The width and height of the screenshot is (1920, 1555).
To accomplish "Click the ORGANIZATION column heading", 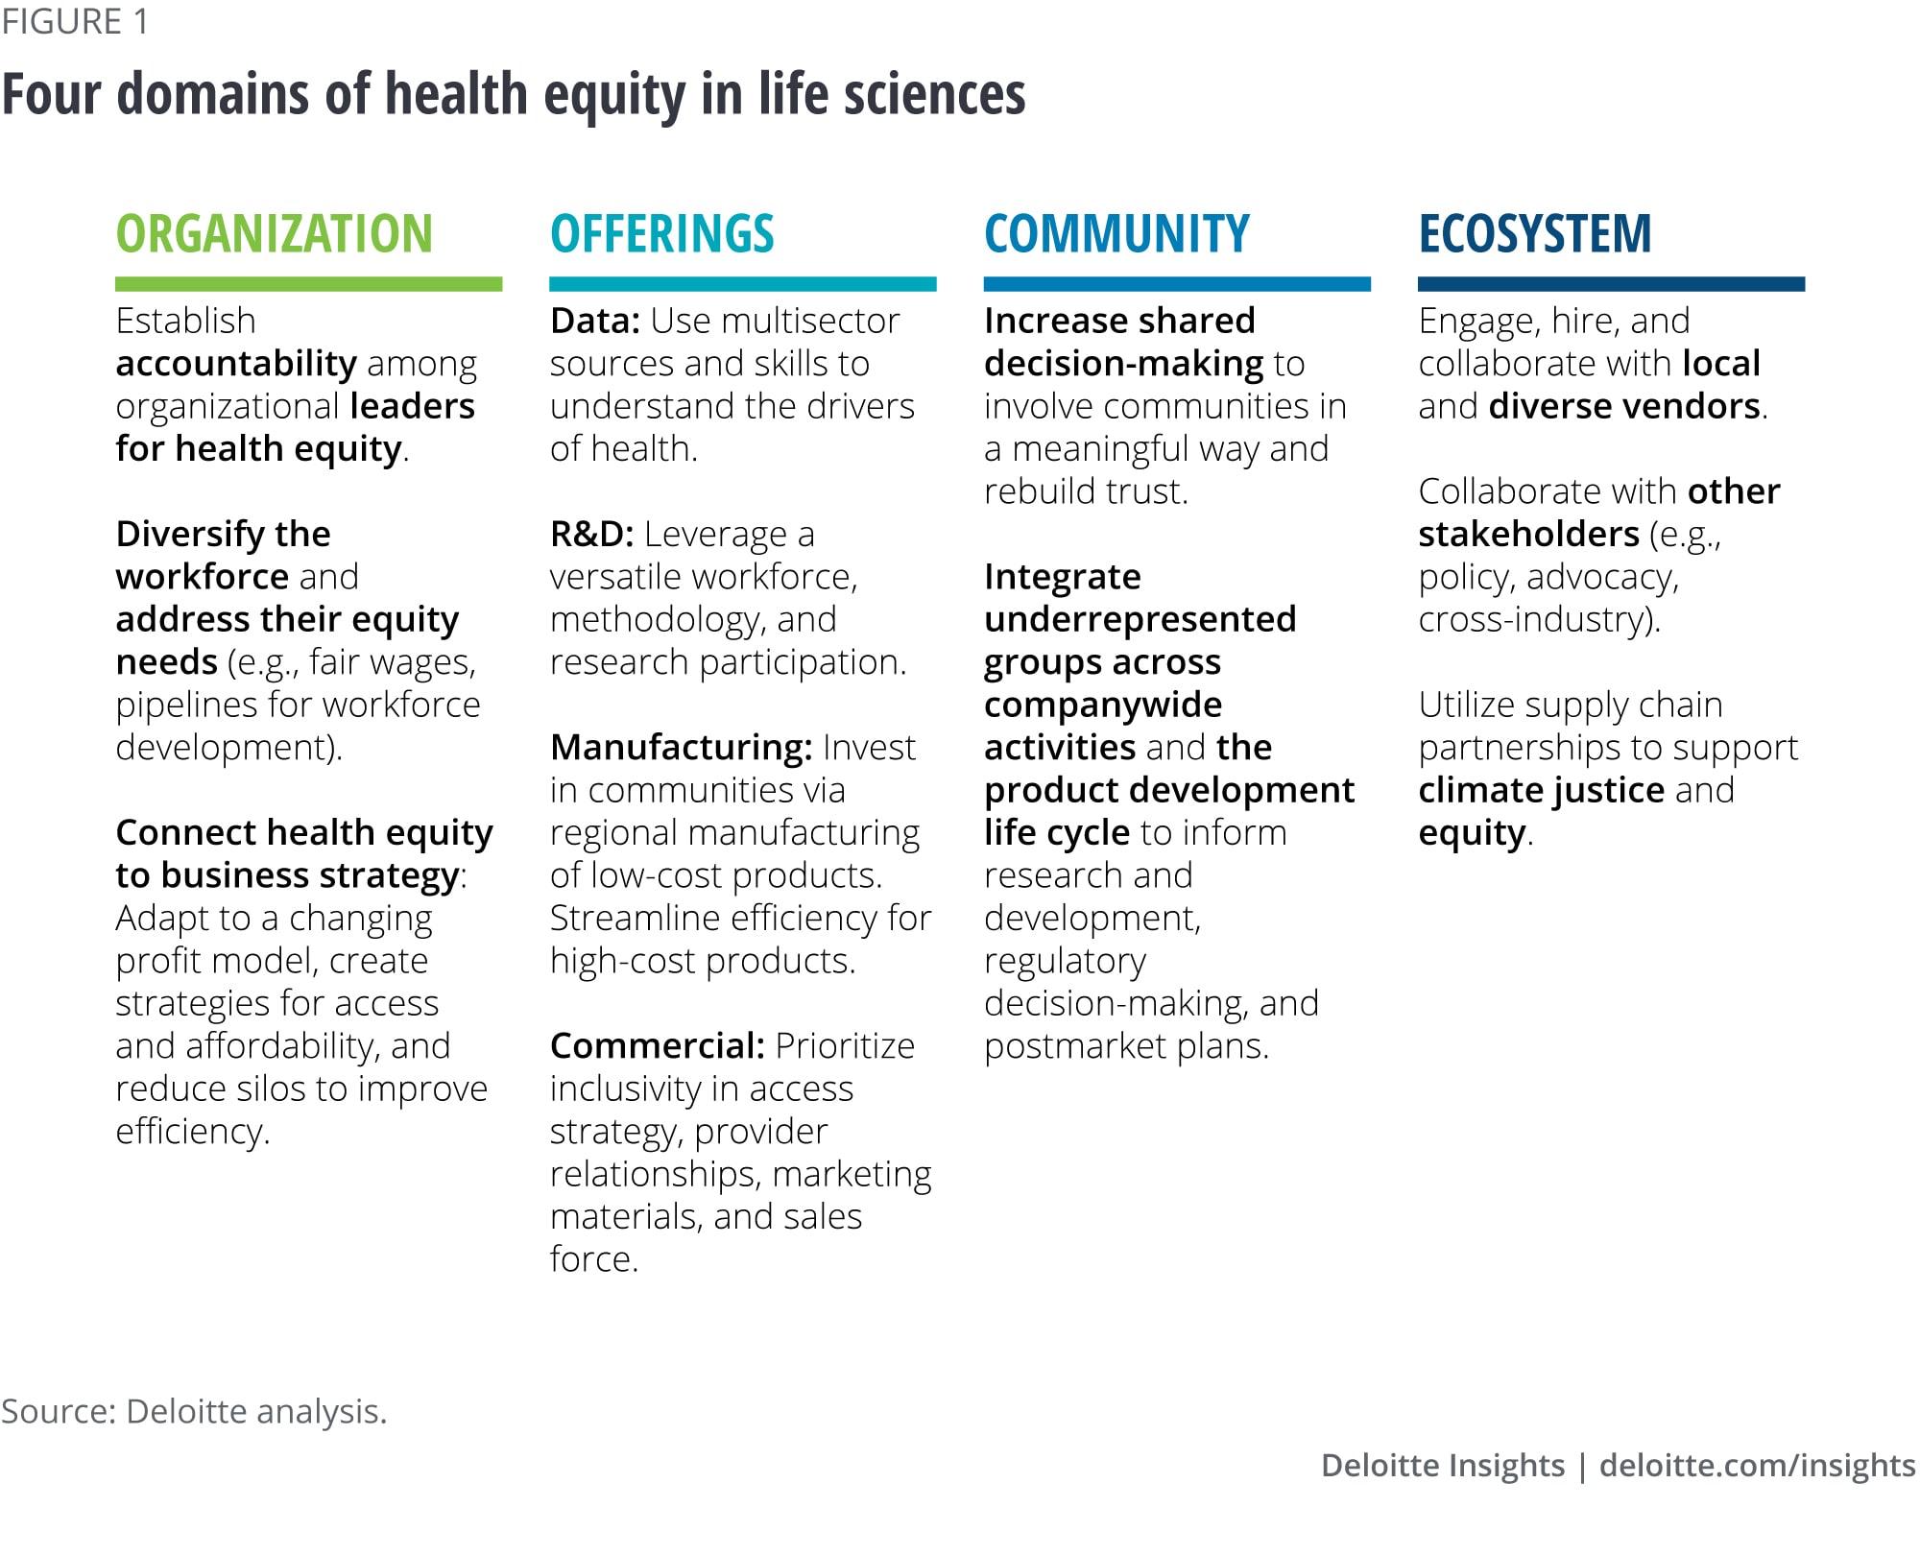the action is pos(275,234).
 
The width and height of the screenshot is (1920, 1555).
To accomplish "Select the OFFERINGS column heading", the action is pos(662,234).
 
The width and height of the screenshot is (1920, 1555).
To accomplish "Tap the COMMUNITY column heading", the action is pos(1117,234).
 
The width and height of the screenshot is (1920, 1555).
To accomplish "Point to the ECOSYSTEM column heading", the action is pos(1535,234).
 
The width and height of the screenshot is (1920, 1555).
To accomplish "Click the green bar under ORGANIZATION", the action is pos(309,284).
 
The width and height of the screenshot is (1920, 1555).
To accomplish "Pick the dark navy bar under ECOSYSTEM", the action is pos(1612,284).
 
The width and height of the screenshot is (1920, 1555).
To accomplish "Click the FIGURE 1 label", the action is pos(75,22).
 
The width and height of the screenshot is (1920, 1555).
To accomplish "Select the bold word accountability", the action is pos(236,364).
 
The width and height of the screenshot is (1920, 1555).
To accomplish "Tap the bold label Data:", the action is pos(595,321).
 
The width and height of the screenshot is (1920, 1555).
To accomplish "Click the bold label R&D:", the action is pos(592,534).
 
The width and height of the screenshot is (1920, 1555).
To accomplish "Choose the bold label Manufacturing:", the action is pos(682,748).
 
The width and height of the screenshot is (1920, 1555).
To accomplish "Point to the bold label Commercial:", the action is pos(658,1046).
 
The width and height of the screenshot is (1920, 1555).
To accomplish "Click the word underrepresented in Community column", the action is pos(1140,620).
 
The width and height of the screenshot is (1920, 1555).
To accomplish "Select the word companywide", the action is pos(1103,706).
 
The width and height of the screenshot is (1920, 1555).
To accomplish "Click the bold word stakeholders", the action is pos(1528,534).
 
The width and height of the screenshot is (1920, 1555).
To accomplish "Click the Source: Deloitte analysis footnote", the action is pos(194,1411).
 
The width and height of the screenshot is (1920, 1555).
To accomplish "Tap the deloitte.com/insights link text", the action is pos(1758,1466).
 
